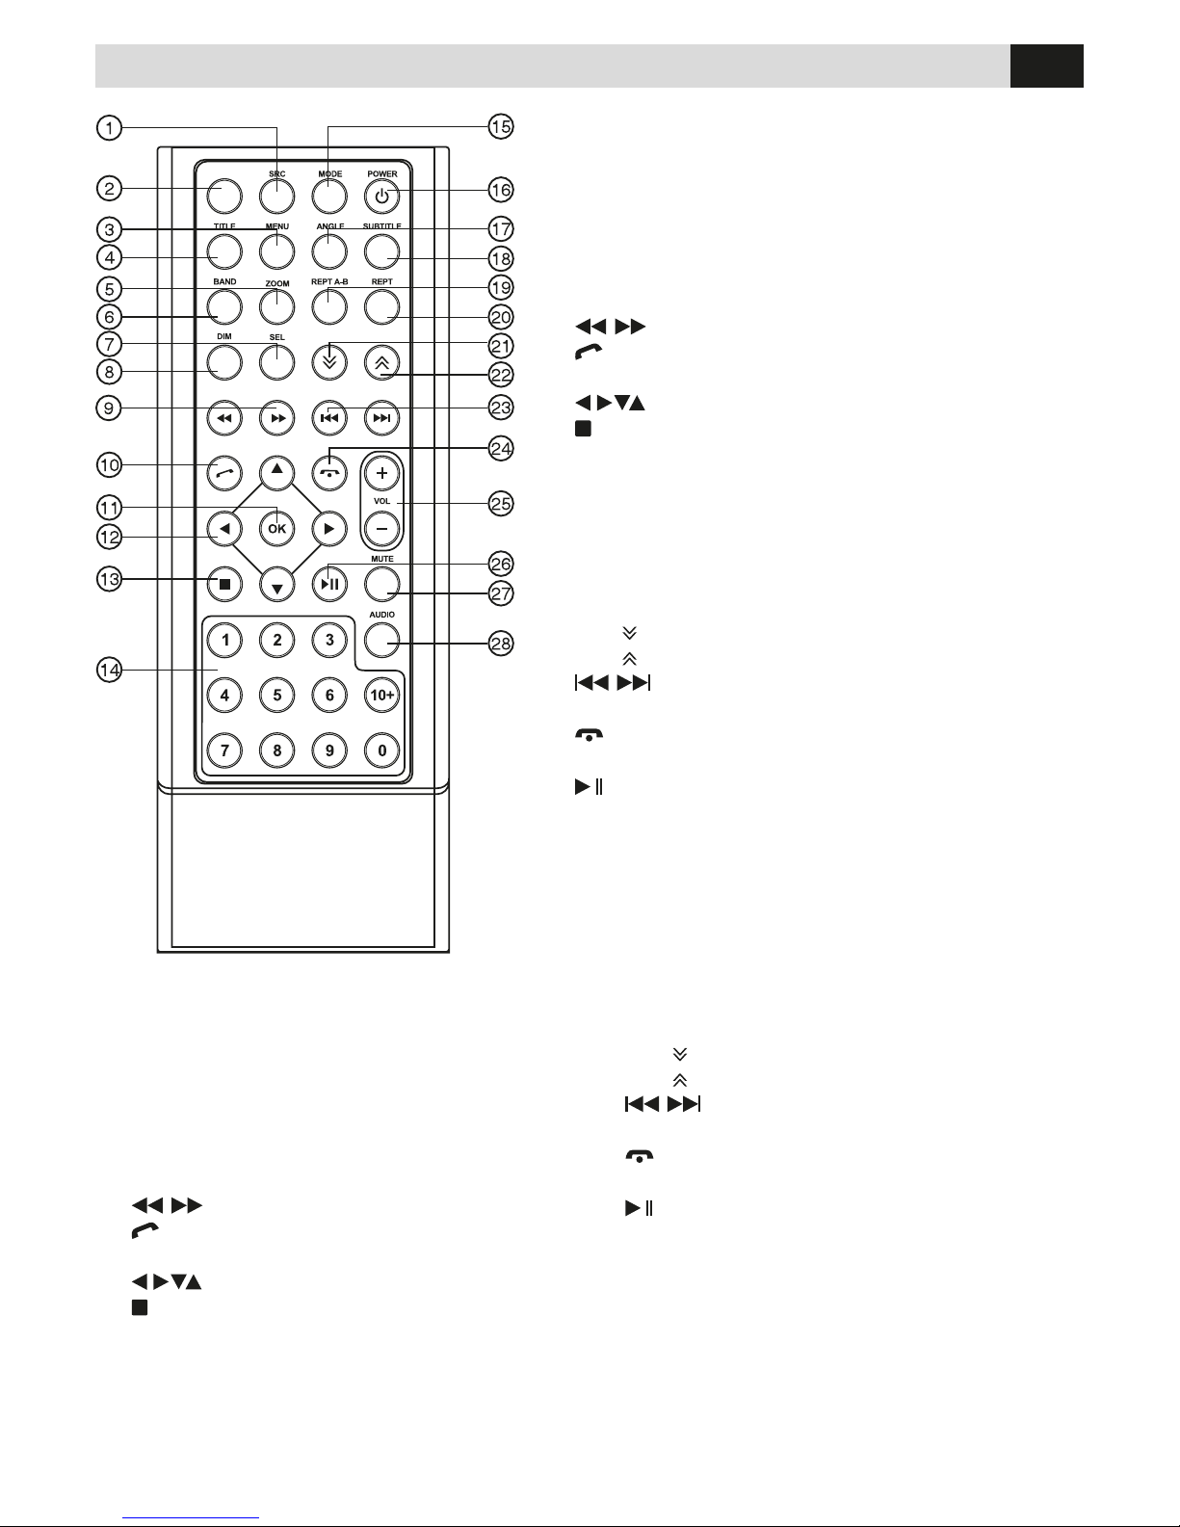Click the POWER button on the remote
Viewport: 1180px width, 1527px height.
point(382,197)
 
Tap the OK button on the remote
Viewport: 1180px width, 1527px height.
point(277,528)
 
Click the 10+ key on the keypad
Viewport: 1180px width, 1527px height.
point(382,695)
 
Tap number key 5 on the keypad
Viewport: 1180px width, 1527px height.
point(277,695)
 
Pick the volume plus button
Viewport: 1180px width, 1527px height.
point(382,474)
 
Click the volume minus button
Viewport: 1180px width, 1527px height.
point(382,528)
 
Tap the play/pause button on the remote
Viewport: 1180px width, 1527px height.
point(330,583)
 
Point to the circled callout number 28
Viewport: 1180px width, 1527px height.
point(501,644)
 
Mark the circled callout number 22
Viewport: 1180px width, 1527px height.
point(501,374)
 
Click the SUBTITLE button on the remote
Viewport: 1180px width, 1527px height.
point(382,251)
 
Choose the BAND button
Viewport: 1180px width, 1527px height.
point(224,306)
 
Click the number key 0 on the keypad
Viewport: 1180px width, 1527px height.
point(382,750)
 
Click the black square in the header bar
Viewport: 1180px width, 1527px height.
point(1047,66)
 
